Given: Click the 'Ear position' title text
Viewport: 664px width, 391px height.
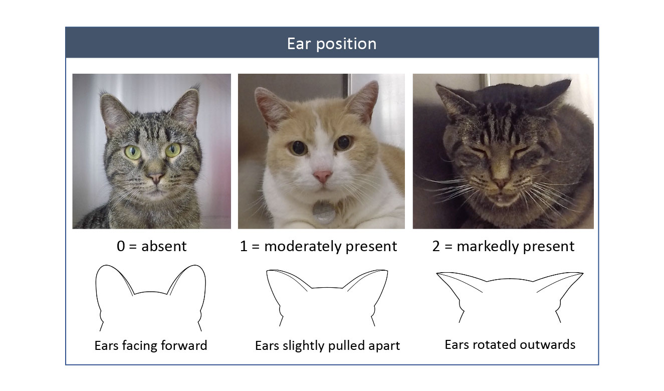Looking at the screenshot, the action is (x=332, y=44).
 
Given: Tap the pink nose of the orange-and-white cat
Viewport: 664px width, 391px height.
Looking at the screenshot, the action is (x=323, y=176).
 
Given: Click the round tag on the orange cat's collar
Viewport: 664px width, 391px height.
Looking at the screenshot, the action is (x=323, y=212).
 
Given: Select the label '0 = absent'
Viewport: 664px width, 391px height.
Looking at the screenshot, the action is (x=151, y=246).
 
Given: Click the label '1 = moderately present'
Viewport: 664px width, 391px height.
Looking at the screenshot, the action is (x=318, y=246).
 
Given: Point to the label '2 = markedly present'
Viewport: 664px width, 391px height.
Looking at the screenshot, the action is (x=503, y=246).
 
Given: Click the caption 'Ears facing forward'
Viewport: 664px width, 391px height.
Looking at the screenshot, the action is (x=150, y=346).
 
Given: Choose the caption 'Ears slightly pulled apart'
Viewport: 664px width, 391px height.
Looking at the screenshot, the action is (x=328, y=346).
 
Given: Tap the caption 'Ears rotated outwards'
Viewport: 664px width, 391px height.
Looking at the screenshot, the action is (x=510, y=345).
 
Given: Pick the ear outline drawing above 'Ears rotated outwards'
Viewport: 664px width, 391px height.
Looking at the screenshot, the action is (x=510, y=279).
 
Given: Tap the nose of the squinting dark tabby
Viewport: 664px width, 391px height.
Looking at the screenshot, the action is (x=501, y=182).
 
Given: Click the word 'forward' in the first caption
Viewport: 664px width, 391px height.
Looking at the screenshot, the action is (x=184, y=346).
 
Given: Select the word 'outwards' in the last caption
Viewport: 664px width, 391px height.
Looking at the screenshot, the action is (x=548, y=345).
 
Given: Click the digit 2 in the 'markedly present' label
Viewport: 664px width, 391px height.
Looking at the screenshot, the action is (x=436, y=246).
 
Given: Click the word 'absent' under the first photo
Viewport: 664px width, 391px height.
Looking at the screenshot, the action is (x=164, y=246).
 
